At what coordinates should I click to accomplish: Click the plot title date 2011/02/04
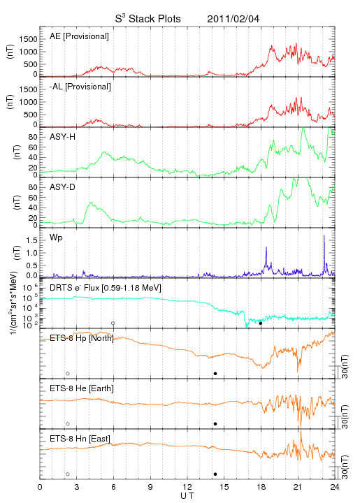coord(233,19)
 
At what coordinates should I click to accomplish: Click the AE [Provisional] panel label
coord(79,36)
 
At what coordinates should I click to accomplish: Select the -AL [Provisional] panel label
coord(80,87)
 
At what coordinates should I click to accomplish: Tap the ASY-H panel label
coord(63,137)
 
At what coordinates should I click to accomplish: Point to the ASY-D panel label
coord(63,187)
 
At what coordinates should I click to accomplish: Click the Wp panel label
coord(56,238)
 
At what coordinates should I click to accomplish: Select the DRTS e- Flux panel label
coord(106,288)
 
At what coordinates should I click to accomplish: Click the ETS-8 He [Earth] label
coord(82,388)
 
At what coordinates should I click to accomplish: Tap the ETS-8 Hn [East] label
coord(80,439)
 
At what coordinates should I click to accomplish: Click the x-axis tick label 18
coord(261,487)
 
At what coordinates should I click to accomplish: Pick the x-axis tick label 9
coord(150,487)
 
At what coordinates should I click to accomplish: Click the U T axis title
coord(187,496)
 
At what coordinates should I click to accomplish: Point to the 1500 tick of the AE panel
coord(28,39)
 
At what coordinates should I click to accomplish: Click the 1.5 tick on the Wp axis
coord(32,240)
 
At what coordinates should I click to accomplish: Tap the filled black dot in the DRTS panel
coord(261,323)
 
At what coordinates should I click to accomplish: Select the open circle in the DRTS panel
coord(113,323)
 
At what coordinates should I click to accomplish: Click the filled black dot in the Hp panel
coord(215,373)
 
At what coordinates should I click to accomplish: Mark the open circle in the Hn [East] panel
coord(68,474)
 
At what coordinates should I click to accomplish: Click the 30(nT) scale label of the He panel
coord(345,416)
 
